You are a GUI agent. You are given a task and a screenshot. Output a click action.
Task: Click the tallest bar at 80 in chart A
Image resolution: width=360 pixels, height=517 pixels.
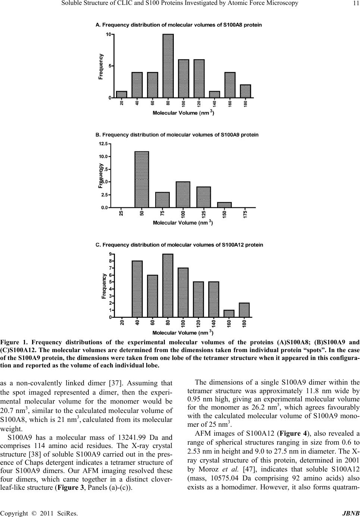point(168,66)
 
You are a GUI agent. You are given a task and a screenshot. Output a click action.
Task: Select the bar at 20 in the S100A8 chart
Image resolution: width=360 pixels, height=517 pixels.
point(122,94)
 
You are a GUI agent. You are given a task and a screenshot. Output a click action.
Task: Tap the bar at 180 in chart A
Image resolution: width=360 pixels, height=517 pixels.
point(245,91)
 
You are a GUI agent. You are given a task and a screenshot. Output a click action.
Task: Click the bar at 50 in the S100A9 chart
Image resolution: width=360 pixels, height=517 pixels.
point(142,179)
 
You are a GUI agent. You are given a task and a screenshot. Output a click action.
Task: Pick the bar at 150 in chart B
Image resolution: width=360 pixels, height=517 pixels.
point(224,205)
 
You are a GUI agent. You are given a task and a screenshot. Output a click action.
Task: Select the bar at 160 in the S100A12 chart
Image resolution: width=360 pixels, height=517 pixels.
point(229,313)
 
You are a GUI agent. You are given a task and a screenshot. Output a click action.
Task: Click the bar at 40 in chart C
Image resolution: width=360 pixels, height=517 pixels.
point(137,289)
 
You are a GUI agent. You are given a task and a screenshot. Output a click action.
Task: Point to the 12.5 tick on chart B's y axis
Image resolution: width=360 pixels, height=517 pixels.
point(103,143)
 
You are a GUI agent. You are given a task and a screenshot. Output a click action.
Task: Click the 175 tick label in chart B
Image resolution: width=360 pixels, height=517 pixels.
point(245,214)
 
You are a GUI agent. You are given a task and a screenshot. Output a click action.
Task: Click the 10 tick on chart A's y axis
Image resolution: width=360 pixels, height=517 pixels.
point(109,34)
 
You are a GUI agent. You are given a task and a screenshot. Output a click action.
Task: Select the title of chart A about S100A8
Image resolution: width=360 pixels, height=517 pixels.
point(179,25)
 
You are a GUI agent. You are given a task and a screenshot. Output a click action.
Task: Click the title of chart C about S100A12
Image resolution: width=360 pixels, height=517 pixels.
point(179,245)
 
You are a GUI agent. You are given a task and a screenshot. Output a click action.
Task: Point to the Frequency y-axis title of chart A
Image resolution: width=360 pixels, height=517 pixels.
point(101,66)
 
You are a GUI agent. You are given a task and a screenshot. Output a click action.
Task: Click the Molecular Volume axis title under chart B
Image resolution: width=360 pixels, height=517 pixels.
point(183,223)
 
